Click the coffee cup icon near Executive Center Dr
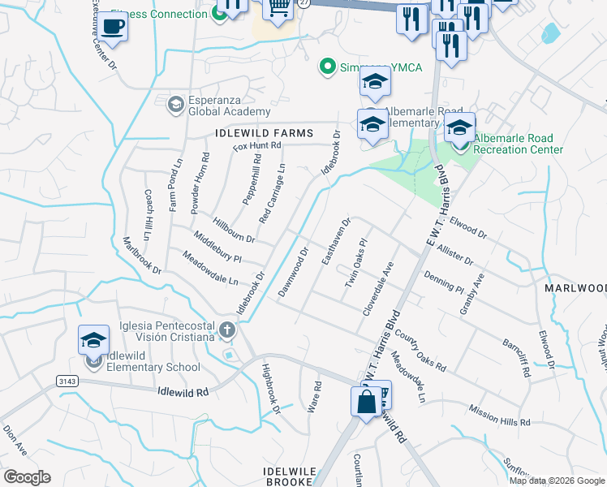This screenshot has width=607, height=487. (x=114, y=27)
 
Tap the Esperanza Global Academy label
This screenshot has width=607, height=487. (x=229, y=106)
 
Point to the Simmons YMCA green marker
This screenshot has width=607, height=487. (x=328, y=66)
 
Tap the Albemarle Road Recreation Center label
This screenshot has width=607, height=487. (x=518, y=144)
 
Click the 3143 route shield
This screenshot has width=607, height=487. (x=67, y=380)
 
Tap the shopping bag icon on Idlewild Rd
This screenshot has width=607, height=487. (x=365, y=401)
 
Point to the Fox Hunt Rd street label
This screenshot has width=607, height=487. (x=256, y=146)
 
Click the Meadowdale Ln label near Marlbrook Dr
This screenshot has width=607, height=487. (x=210, y=269)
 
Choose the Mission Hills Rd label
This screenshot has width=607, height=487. (x=499, y=416)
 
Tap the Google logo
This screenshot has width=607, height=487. (x=27, y=477)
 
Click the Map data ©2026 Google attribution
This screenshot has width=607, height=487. (x=557, y=481)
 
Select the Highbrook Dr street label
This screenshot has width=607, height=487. (x=271, y=389)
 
